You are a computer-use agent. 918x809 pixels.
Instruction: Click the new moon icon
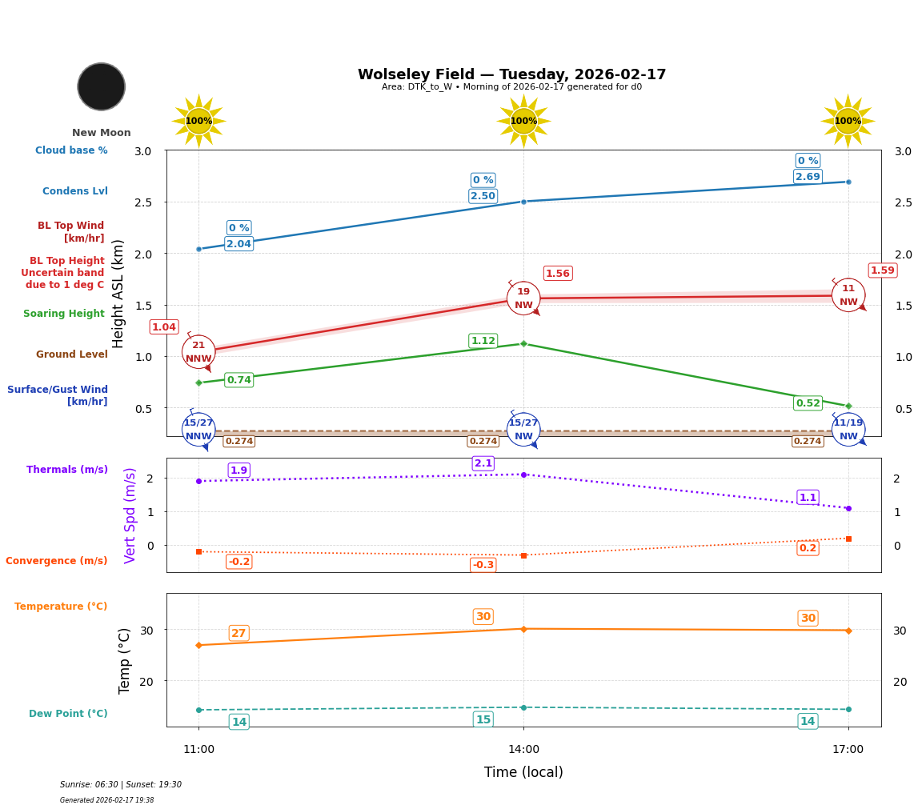101,86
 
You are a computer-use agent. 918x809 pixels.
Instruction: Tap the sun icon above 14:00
523,121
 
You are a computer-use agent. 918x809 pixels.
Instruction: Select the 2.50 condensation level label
483,196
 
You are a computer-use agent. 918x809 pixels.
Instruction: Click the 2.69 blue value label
808,177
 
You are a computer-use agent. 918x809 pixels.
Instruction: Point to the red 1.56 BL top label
557,274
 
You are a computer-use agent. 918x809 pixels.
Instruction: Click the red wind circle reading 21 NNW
198,352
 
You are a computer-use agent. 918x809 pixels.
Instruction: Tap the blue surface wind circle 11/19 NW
848,430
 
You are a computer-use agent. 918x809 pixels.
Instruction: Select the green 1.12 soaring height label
483,341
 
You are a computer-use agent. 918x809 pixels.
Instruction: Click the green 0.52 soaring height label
808,403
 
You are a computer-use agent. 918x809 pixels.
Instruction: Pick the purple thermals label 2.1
483,463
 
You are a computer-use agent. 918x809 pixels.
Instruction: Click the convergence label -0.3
483,565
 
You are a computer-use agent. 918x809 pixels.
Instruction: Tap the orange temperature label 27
239,633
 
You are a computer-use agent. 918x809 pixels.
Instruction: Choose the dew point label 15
483,719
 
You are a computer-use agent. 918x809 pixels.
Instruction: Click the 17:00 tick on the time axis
848,750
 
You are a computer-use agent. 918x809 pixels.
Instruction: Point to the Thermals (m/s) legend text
67,470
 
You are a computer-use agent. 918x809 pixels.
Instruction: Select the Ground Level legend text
72,354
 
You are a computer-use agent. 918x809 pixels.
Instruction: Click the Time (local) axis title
523,772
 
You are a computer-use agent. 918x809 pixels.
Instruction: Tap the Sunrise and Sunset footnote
121,785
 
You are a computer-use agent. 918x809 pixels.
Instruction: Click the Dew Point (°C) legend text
68,714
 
